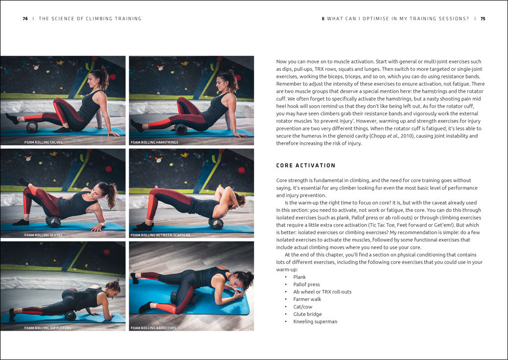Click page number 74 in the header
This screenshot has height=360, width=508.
tap(25, 19)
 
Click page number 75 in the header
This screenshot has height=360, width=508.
tap(483, 19)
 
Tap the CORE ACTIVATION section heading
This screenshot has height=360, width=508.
tap(306, 166)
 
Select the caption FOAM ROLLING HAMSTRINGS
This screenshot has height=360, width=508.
tap(154, 142)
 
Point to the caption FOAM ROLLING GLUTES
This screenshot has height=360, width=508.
tap(43, 235)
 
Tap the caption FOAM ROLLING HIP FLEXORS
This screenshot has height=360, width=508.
tap(48, 328)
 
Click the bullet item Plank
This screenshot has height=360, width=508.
tap(300, 277)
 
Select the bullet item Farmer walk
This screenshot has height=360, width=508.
tap(307, 300)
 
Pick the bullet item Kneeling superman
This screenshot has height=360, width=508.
tap(315, 322)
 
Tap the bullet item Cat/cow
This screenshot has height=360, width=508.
tap(302, 307)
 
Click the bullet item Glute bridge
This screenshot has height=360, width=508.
tap(307, 314)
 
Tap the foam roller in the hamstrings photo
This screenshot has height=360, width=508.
tap(181, 129)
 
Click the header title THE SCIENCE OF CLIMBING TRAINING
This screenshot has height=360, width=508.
tap(90, 19)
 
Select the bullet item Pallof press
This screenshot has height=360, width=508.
tap(306, 285)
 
